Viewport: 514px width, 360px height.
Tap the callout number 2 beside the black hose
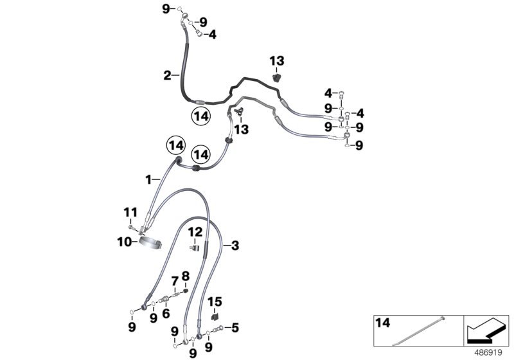166,75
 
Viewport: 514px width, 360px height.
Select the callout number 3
235,245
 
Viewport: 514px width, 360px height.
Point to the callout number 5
235,327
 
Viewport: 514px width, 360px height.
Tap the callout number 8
186,277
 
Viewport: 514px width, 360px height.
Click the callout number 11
130,212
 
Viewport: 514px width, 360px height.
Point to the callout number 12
195,231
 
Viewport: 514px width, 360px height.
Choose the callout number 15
214,301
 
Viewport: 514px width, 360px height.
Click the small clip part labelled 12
195,244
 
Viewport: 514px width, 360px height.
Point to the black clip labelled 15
213,316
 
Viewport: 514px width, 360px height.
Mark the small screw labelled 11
131,226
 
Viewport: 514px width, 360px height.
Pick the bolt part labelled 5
220,328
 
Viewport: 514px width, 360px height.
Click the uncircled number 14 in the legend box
382,321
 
